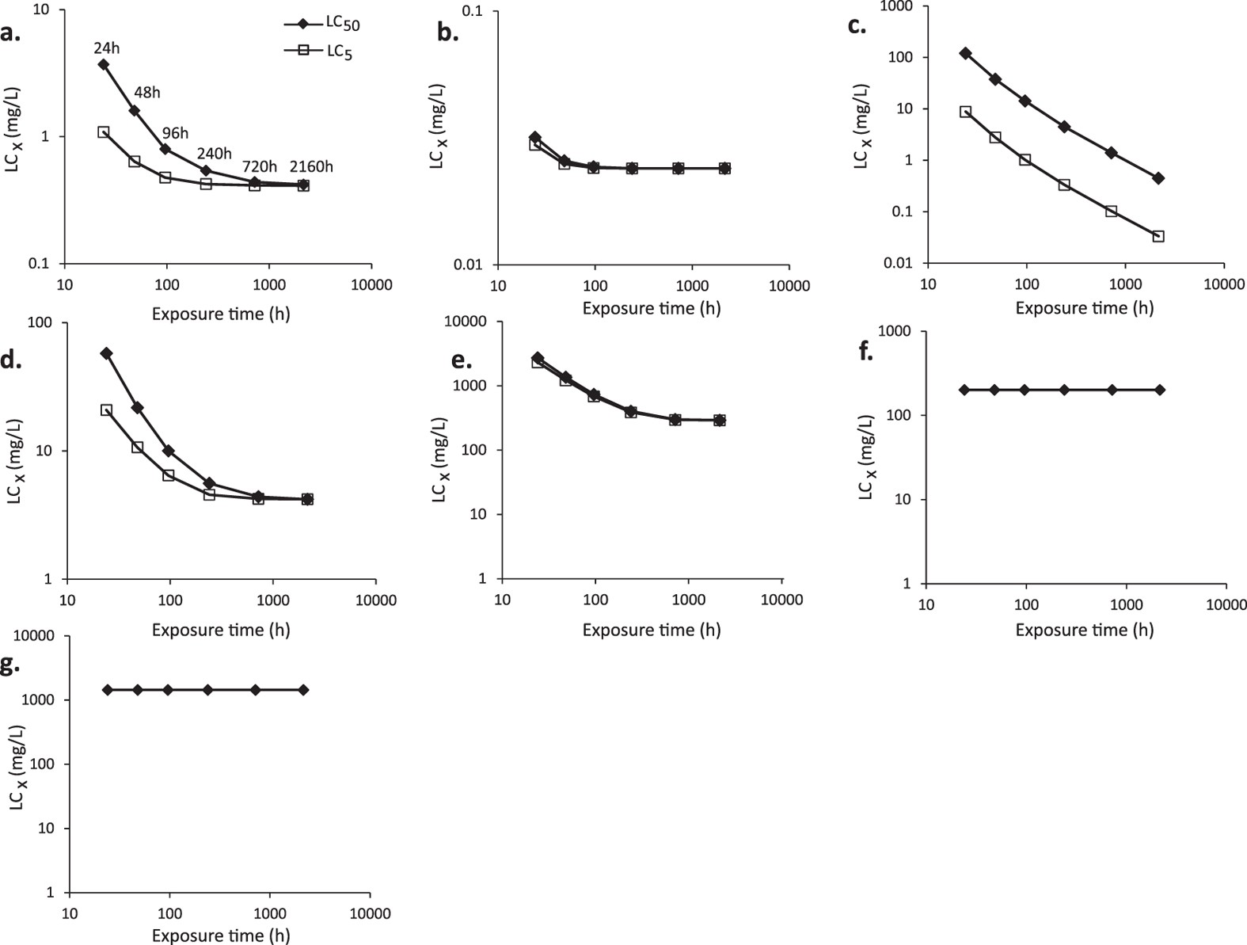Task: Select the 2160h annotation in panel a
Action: click(310, 167)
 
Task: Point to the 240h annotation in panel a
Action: click(215, 154)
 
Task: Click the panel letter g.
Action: click(10, 663)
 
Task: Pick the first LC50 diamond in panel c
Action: click(965, 53)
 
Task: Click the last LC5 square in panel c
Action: click(1158, 236)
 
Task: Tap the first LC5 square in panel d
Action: click(106, 410)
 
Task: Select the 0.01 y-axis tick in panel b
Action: click(474, 265)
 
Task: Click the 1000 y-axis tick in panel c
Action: click(899, 6)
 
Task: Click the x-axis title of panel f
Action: click(1084, 631)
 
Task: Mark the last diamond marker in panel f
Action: click(1160, 390)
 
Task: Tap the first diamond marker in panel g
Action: click(107, 690)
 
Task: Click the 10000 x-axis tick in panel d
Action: click(376, 600)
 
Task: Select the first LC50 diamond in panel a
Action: click(103, 64)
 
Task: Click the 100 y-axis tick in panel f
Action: click(897, 415)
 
